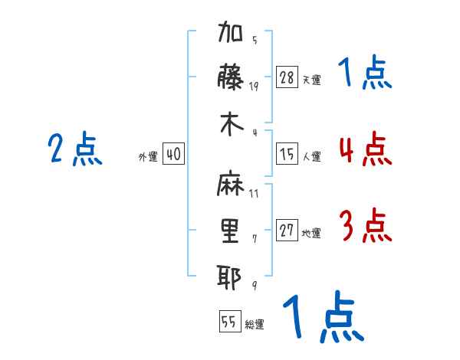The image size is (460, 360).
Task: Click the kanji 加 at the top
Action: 230,31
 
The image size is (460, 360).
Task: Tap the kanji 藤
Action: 230,77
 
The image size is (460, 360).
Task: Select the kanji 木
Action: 232,125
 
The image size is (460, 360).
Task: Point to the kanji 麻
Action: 230,183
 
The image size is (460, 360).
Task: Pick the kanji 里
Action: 230,231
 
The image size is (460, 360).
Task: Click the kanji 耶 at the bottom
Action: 229,277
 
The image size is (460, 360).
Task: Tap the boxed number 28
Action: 287,77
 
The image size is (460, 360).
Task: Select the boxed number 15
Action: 287,154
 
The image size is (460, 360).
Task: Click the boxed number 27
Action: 287,230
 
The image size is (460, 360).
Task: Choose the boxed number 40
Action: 173,154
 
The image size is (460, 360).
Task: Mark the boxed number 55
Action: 230,321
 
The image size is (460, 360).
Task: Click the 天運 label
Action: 312,80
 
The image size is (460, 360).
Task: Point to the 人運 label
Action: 312,156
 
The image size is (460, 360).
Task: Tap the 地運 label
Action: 311,234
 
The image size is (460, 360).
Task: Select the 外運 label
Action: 148,156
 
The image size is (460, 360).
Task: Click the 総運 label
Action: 255,324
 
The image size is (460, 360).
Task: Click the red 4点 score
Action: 366,149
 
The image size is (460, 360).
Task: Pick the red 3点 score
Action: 366,225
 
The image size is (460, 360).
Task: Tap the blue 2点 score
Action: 75,149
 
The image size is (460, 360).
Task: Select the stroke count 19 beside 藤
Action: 254,87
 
